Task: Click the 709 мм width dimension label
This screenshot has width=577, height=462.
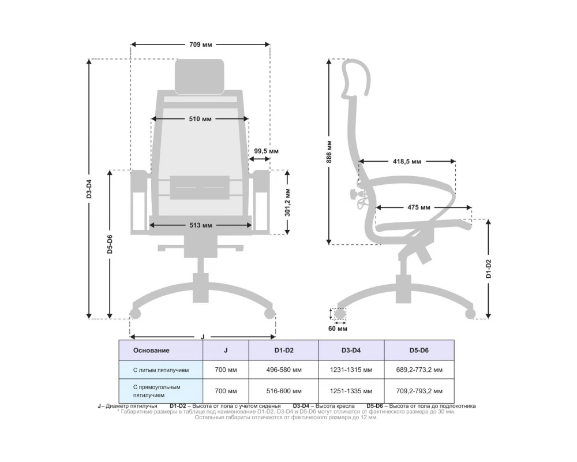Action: [200, 44]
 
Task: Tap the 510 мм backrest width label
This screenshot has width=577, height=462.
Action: [200, 119]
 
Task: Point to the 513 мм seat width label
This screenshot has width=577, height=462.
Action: [200, 225]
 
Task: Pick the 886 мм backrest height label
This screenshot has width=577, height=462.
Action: [329, 151]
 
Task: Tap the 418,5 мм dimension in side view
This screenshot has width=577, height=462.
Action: [407, 161]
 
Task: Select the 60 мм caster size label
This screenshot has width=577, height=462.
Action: [338, 329]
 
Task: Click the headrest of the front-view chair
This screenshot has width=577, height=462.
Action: [200, 76]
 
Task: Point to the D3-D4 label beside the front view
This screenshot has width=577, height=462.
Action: [89, 189]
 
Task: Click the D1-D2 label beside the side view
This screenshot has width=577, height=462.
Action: [488, 269]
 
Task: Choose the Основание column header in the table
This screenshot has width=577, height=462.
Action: [151, 350]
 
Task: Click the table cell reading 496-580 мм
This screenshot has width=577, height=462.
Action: [283, 370]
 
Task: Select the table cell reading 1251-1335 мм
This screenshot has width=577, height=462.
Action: [351, 391]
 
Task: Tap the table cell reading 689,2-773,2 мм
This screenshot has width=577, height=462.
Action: [419, 370]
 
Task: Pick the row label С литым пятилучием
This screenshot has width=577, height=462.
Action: [160, 370]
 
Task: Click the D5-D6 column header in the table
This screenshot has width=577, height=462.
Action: [419, 350]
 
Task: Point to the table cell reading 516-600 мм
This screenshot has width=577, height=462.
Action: [283, 391]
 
